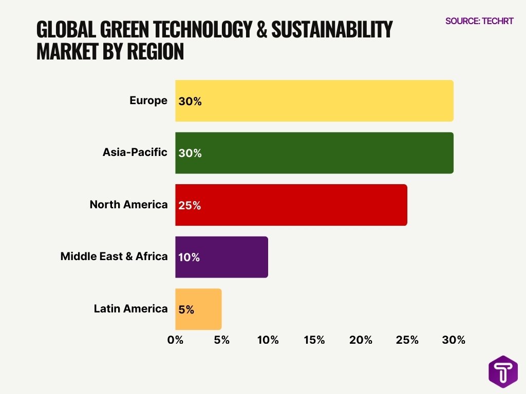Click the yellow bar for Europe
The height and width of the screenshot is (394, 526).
pos(314,101)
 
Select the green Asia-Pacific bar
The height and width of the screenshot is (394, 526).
pos(314,153)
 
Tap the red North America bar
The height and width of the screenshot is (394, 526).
pos(291,205)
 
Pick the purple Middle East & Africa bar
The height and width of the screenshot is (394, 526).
pos(221,257)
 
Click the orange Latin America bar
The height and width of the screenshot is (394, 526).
pos(198,309)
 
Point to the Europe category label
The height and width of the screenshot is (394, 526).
pos(148,101)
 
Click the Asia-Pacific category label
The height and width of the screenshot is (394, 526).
pos(135,152)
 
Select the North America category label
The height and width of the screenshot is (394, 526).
pos(128,205)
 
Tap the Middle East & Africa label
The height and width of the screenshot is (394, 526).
pos(114,257)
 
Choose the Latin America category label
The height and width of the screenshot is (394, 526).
pos(130,309)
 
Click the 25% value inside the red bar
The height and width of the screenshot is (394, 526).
pos(190,206)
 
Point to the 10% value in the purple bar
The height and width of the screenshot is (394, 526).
pos(189,258)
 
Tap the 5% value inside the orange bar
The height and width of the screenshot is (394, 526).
pos(186,310)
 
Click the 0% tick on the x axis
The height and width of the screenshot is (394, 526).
pos(175,340)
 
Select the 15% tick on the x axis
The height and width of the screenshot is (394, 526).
pos(314,340)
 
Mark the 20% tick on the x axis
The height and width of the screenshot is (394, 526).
pos(361,340)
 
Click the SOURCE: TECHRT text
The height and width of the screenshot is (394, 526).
pos(479,22)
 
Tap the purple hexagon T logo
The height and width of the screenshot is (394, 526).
pos(503,371)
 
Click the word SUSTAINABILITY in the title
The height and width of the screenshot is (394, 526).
pos(332,30)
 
